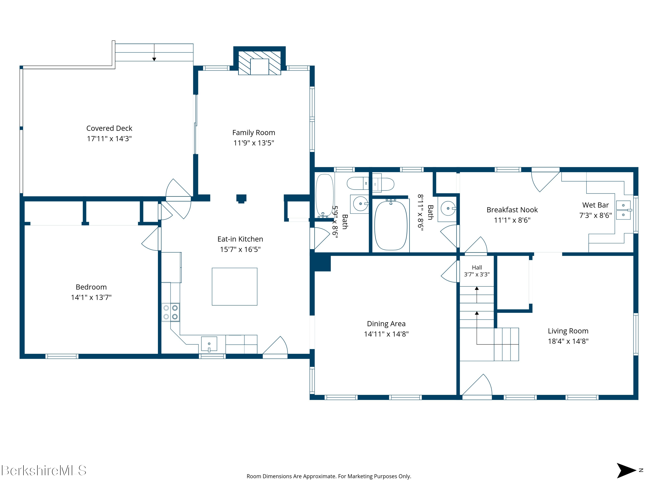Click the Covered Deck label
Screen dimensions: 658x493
(109, 128)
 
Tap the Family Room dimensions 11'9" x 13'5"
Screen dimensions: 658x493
(254, 143)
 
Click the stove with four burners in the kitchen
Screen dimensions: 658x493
(170, 312)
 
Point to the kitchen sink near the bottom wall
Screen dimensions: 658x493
(209, 344)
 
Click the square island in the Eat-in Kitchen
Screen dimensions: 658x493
(234, 286)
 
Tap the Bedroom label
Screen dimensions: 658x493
(91, 287)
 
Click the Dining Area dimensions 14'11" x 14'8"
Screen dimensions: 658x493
(386, 334)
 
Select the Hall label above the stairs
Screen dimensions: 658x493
(477, 268)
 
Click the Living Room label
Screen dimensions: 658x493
(568, 331)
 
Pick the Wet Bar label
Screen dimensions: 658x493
(595, 205)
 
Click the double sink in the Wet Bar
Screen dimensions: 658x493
(623, 210)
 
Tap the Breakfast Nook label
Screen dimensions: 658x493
(512, 210)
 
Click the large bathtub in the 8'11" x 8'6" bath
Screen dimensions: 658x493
(391, 225)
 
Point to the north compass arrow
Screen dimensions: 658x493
(626, 470)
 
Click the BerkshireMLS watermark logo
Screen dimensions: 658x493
(44, 470)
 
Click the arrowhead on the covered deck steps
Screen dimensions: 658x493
(154, 59)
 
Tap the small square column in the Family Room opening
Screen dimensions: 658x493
(241, 199)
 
